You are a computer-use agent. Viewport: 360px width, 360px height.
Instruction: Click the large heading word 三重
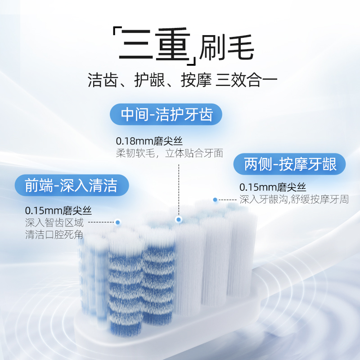pyautogui.click(x=153, y=45)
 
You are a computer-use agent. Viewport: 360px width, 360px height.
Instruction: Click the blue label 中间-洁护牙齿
pyautogui.click(x=166, y=115)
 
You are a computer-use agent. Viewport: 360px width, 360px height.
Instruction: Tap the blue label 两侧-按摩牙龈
pyautogui.click(x=290, y=164)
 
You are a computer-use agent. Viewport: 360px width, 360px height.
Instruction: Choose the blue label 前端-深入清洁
pyautogui.click(x=71, y=185)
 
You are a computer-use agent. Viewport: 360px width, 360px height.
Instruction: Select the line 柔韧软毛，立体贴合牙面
pyautogui.click(x=170, y=153)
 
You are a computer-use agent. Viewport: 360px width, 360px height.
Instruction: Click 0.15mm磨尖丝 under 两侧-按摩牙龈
pyautogui.click(x=273, y=187)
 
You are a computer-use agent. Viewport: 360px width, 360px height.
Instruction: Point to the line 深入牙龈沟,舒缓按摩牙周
pyautogui.click(x=294, y=199)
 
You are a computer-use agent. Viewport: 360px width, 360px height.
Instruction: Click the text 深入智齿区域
pyautogui.click(x=54, y=222)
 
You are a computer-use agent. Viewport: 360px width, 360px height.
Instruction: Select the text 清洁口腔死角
pyautogui.click(x=54, y=234)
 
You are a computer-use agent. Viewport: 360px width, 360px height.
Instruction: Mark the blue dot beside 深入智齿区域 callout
pyautogui.click(x=118, y=222)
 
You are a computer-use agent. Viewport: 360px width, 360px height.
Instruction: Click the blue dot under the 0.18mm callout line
pyautogui.click(x=179, y=220)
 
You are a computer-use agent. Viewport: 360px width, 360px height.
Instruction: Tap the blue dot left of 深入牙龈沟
pyautogui.click(x=215, y=199)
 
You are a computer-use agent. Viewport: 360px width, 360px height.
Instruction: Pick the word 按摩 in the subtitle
pyautogui.click(x=192, y=81)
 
